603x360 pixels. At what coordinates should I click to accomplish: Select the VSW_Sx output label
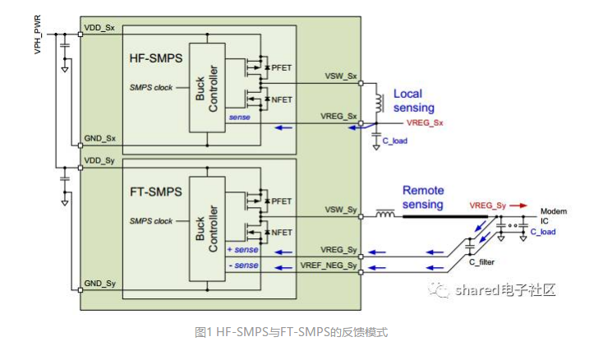click(341, 76)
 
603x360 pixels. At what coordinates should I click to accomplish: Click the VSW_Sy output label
click(341, 210)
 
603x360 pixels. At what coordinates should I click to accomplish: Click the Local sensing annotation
click(413, 100)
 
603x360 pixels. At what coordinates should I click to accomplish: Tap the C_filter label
click(482, 261)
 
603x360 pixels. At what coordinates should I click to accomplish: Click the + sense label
click(242, 249)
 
